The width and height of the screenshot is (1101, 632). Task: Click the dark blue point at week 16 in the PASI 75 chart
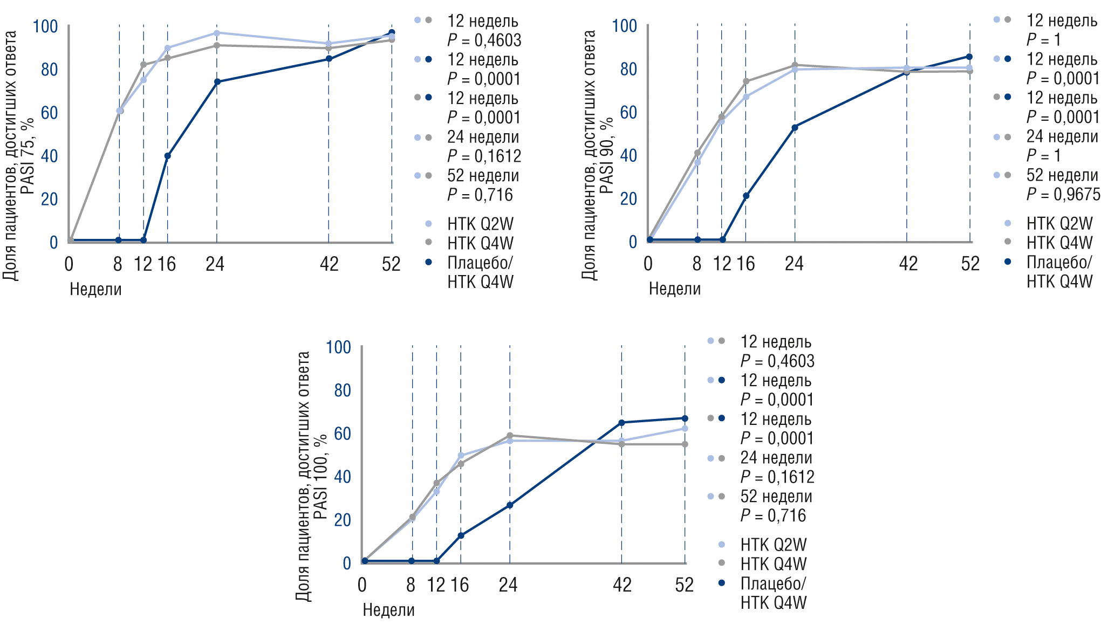pos(167,156)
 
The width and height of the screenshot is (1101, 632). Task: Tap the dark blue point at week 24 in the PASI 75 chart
pos(217,82)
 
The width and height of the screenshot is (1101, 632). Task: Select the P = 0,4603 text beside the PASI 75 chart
pos(484,40)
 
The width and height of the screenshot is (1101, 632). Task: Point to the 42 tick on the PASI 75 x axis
pos(329,264)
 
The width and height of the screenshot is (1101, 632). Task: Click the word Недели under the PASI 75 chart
pos(95,289)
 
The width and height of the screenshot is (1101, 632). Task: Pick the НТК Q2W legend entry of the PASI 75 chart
pos(480,224)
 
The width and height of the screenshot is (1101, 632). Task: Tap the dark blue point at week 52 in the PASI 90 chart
pos(969,57)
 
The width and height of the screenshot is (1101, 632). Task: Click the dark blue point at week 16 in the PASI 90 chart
pos(746,196)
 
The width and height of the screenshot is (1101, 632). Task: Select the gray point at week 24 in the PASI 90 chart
pos(795,65)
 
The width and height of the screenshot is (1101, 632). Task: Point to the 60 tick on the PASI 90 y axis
pos(628,112)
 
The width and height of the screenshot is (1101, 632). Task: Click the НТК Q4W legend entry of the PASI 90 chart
pos(1059,243)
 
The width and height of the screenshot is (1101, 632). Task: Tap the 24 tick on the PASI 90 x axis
pos(794,263)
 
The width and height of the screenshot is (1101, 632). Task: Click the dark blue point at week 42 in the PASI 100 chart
pos(621,423)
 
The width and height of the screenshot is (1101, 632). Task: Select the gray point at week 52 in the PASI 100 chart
pos(685,444)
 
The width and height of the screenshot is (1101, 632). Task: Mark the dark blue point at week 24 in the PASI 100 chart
pos(510,505)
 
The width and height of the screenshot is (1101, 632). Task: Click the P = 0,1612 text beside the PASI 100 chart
pos(777,477)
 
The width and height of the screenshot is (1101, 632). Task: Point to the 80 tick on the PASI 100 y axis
pos(343,390)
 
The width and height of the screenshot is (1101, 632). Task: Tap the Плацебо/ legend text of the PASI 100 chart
pos(773,583)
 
